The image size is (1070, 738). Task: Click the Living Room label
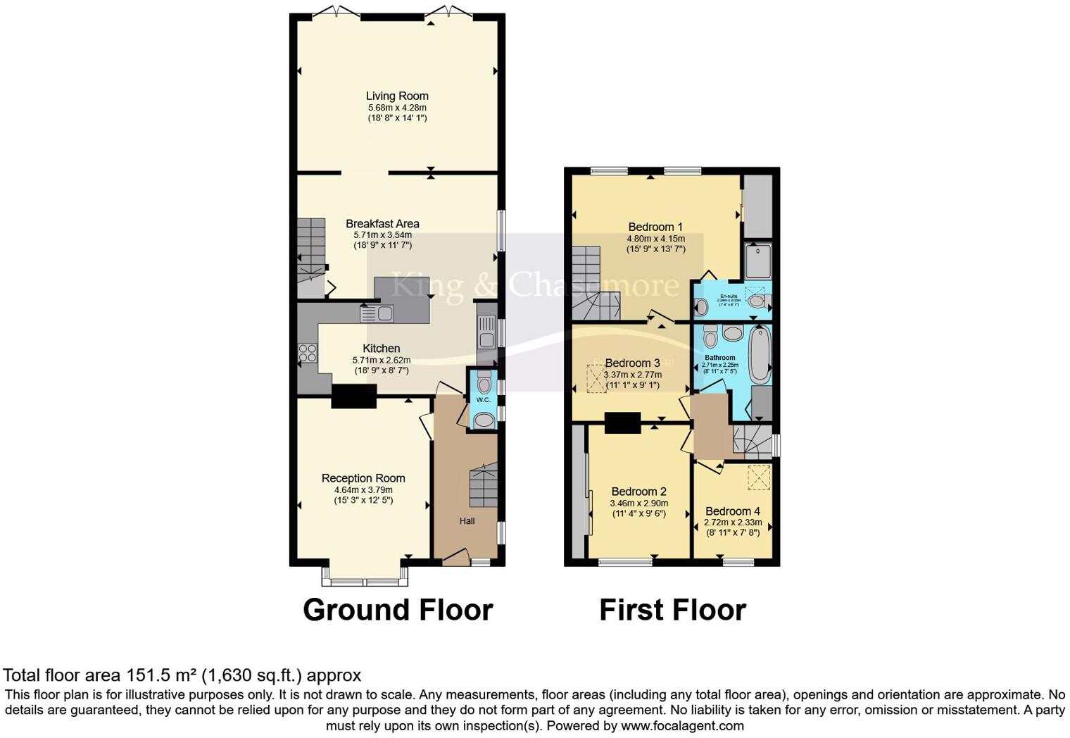click(x=397, y=96)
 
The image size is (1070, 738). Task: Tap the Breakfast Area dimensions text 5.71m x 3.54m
click(x=382, y=234)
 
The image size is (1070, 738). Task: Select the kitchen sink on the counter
click(x=377, y=314)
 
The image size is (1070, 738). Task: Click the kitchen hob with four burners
click(x=307, y=352)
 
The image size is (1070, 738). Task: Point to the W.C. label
click(x=483, y=400)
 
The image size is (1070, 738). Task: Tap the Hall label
click(x=467, y=521)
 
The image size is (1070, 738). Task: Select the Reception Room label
click(x=363, y=478)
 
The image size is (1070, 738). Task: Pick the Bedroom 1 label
click(x=655, y=227)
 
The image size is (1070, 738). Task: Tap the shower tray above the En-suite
click(x=758, y=261)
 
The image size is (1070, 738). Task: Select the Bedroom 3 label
click(x=632, y=363)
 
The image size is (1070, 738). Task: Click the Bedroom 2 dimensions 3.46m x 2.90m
click(x=638, y=503)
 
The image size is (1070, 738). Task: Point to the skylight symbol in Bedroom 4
click(x=758, y=477)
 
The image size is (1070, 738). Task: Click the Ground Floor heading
click(x=398, y=610)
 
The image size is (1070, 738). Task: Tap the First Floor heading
click(x=672, y=610)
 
